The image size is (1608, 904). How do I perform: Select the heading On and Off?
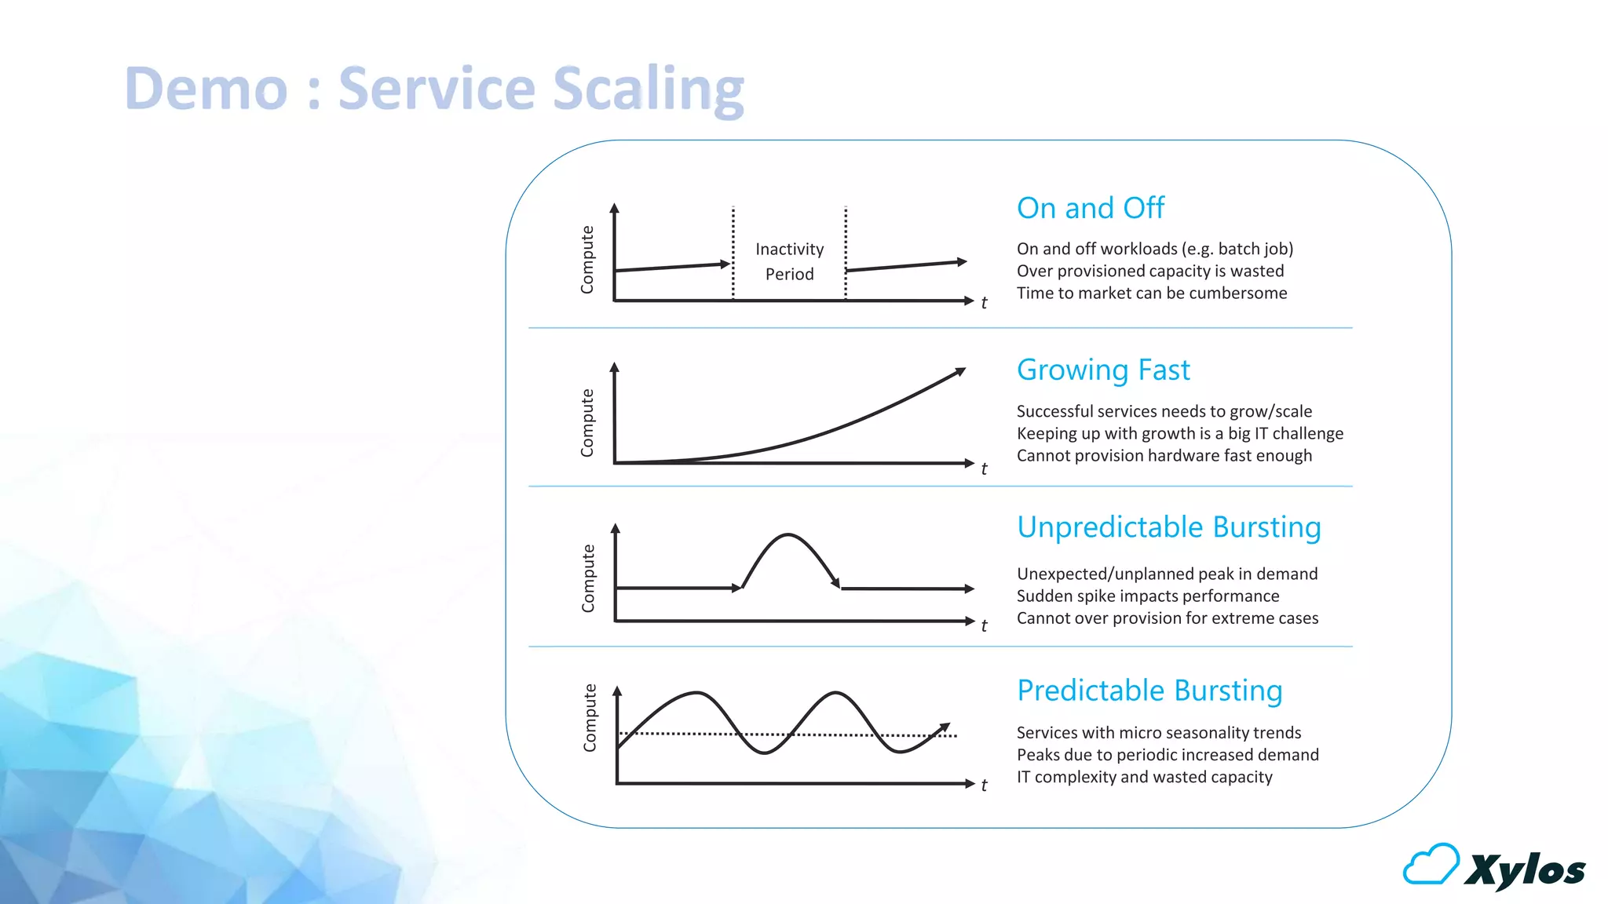pos(1090,208)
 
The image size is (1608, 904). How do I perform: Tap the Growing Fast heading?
pos(1102,370)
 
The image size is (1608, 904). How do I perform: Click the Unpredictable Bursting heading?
pos(1168,527)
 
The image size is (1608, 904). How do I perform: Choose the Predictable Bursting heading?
pos(1149,691)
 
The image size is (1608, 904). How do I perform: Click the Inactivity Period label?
pos(789,261)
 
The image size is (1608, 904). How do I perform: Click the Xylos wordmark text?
pos(1525,869)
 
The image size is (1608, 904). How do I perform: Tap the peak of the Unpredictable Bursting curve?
pos(788,536)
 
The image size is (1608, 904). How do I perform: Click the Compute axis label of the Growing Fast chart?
pos(587,422)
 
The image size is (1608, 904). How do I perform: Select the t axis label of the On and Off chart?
pos(984,303)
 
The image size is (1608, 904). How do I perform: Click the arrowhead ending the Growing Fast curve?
pos(959,372)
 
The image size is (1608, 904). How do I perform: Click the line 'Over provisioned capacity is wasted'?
pos(1149,271)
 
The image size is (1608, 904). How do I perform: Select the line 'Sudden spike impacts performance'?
pos(1147,596)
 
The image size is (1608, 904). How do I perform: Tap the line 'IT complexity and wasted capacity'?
pos(1144,777)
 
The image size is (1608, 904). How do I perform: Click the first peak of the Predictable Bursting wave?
pos(696,693)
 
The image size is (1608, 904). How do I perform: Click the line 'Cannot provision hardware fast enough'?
pos(1164,455)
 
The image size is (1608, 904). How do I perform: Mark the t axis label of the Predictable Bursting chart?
pos(984,785)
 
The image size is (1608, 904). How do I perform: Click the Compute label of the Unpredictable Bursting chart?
pos(588,578)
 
